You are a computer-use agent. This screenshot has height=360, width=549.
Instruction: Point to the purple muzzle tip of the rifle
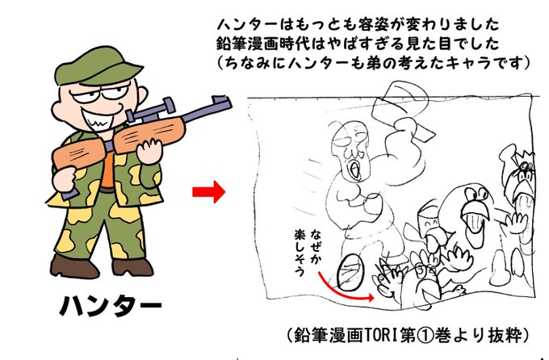tap(221, 103)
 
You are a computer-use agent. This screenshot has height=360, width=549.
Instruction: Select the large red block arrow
tap(208, 192)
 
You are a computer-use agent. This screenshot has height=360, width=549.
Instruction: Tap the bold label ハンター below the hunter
tap(111, 307)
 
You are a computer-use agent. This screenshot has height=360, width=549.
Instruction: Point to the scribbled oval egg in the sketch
tap(350, 273)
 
